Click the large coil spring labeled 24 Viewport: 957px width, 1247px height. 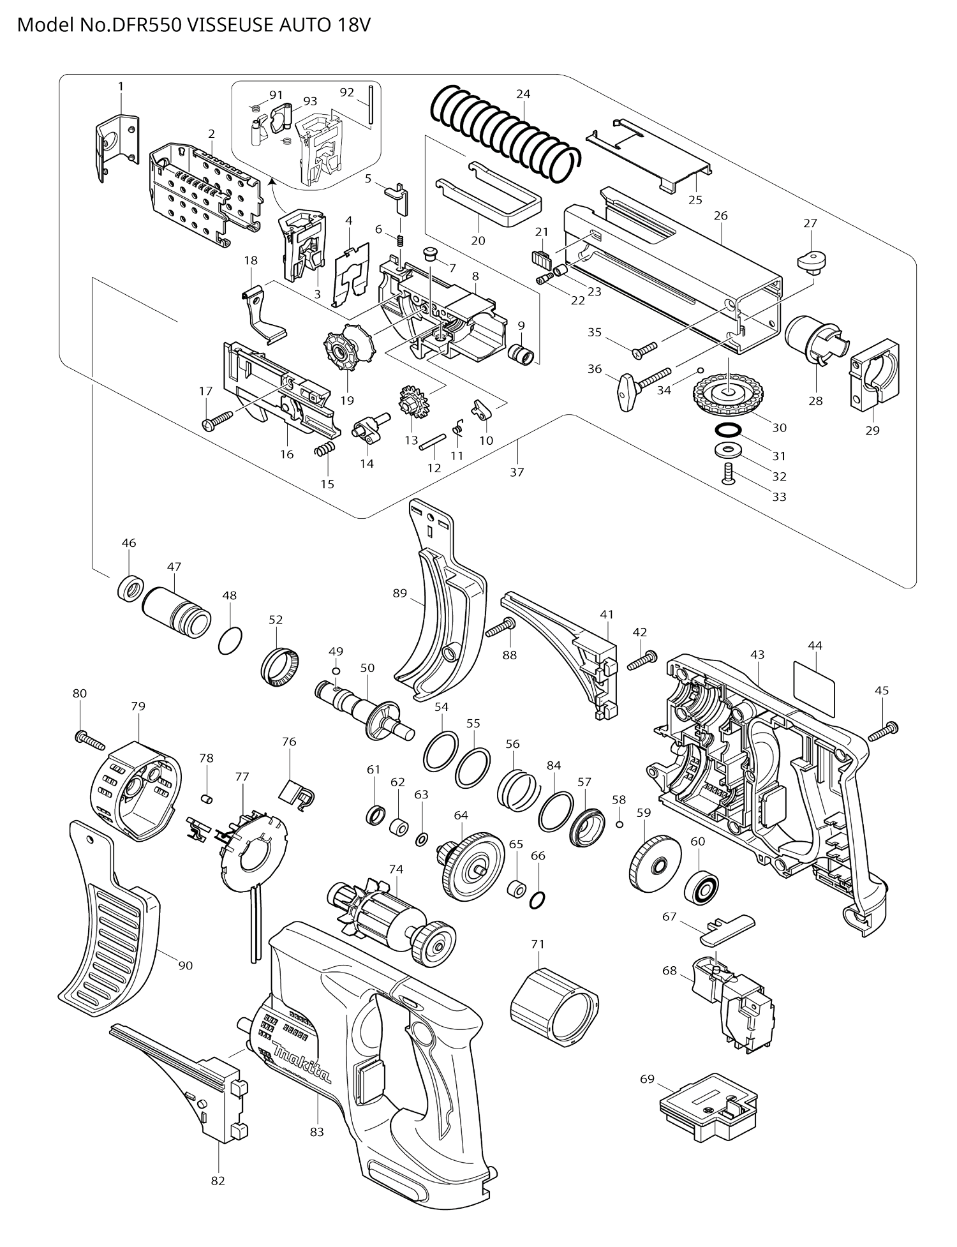pos(504,131)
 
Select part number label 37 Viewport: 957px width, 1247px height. pos(517,472)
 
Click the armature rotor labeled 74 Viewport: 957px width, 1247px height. pos(389,919)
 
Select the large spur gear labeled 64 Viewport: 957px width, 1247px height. pos(471,865)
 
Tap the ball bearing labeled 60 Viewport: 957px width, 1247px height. pos(702,879)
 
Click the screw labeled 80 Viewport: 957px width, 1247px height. pos(90,741)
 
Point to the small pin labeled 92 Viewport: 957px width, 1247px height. pos(370,106)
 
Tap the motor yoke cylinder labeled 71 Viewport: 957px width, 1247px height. pos(554,1006)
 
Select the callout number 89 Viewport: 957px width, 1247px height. pos(399,593)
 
